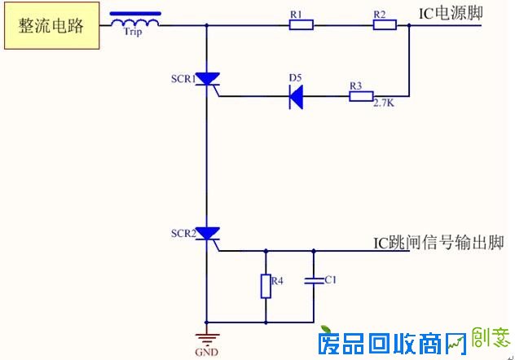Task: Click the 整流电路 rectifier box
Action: click(51, 25)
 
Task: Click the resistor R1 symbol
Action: click(301, 25)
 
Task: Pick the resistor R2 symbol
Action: click(385, 25)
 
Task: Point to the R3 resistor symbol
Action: click(360, 96)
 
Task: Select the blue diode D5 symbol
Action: click(297, 96)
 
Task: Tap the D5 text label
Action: click(295, 77)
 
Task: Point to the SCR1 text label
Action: click(183, 79)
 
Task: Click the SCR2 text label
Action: click(183, 233)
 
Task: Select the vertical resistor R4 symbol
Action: click(266, 286)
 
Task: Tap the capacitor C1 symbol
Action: click(313, 281)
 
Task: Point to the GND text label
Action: click(206, 353)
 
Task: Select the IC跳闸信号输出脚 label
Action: click(438, 243)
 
